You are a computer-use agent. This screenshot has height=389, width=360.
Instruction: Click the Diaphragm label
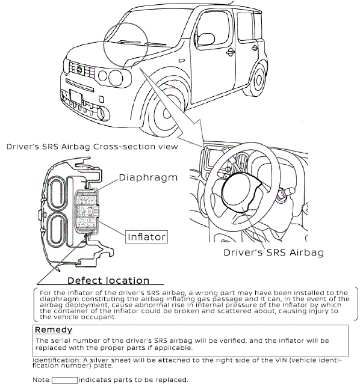(x=148, y=177)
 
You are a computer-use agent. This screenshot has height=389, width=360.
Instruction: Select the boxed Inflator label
(x=146, y=237)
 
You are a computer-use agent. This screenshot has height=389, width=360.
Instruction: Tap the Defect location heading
(x=108, y=281)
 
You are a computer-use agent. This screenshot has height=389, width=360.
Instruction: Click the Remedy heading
(x=54, y=329)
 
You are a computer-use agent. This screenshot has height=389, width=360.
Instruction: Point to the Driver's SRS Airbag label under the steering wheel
(x=273, y=253)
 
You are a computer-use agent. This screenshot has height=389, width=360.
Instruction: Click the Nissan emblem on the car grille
(x=79, y=70)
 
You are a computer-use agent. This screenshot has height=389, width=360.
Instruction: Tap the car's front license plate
(x=76, y=97)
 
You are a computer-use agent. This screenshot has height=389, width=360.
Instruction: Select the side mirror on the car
(x=206, y=39)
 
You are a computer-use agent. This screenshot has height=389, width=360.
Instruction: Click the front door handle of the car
(x=231, y=52)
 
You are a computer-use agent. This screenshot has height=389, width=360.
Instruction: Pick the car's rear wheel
(x=258, y=79)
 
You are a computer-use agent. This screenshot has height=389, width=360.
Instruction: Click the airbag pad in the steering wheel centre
(x=239, y=192)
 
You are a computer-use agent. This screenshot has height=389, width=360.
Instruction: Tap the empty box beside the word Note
(x=64, y=380)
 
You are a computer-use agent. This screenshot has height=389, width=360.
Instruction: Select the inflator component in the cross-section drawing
(x=87, y=212)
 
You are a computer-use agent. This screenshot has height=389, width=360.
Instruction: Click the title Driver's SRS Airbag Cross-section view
(x=92, y=147)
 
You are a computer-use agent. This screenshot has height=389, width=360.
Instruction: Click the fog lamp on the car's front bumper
(x=102, y=114)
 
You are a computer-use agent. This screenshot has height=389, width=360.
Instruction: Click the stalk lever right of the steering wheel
(x=286, y=193)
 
